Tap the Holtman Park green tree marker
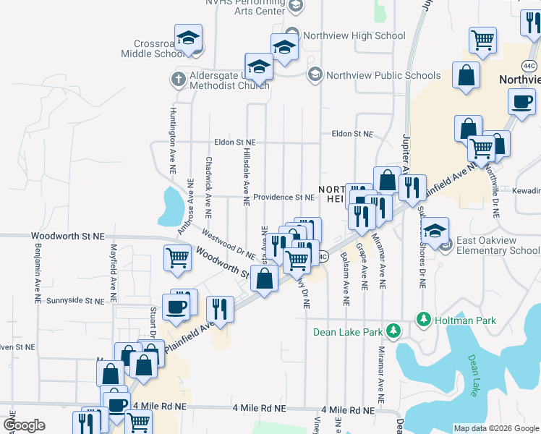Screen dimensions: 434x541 (x=422, y=319)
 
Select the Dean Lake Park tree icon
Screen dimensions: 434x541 (x=393, y=332)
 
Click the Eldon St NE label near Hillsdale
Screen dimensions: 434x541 (x=234, y=142)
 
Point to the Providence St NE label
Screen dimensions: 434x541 (x=284, y=197)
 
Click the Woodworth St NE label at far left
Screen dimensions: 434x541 (x=68, y=237)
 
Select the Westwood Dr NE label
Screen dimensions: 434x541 (x=229, y=244)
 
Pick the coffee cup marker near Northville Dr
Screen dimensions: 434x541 (x=521, y=103)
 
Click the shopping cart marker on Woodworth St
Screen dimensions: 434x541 (x=178, y=258)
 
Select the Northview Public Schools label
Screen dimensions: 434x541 (x=383, y=75)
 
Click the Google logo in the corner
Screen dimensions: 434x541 (x=24, y=425)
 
